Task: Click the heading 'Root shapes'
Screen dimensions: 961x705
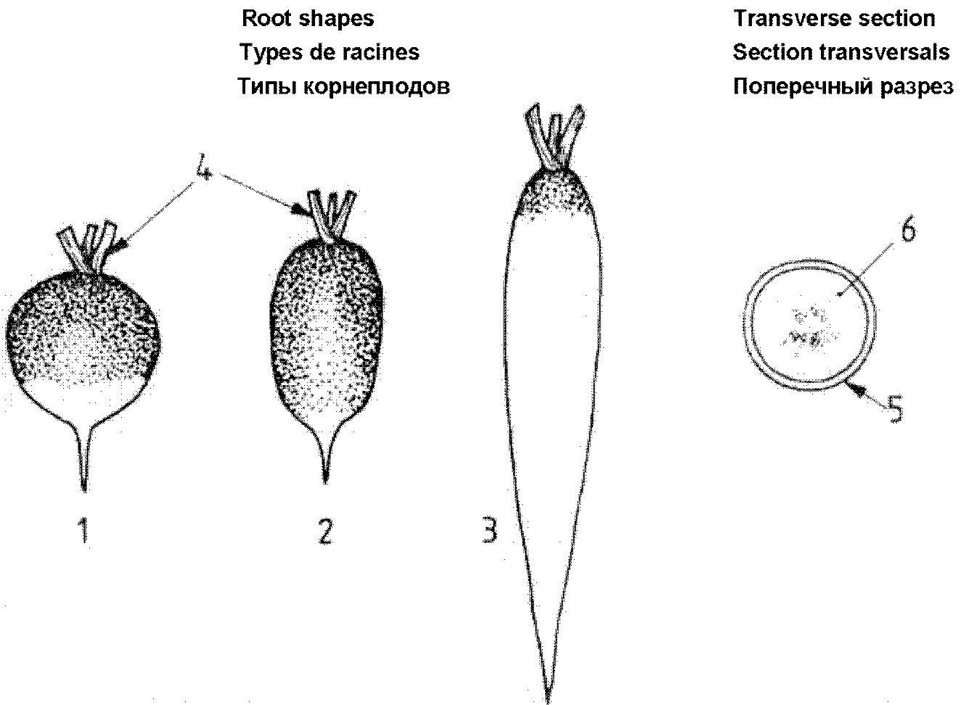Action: pos(308,18)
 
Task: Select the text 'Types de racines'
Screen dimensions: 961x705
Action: pos(329,52)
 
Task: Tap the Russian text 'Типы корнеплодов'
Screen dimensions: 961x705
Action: pos(344,86)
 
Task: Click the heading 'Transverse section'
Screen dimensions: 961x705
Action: pos(834,18)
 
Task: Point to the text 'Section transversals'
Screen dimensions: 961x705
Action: pos(841,52)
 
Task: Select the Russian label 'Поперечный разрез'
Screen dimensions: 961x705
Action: pos(842,86)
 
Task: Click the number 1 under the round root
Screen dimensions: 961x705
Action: pos(85,532)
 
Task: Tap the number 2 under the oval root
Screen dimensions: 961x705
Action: pos(325,532)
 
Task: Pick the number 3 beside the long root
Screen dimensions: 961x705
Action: pos(490,529)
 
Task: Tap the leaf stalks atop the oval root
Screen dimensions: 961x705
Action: pos(329,214)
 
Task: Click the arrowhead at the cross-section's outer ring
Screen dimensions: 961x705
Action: pos(857,390)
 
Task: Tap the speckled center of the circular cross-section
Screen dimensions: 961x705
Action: pos(806,326)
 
